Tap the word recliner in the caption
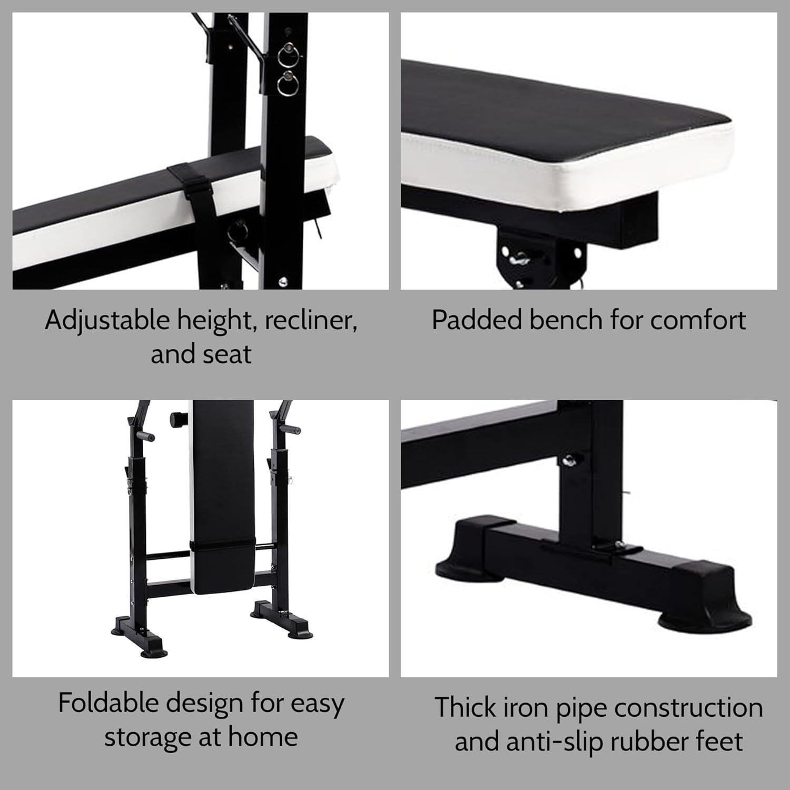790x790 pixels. pos(311,321)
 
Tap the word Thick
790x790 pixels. pos(463,707)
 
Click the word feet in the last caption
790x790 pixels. pos(723,742)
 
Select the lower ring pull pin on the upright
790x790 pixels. pos(288,83)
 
